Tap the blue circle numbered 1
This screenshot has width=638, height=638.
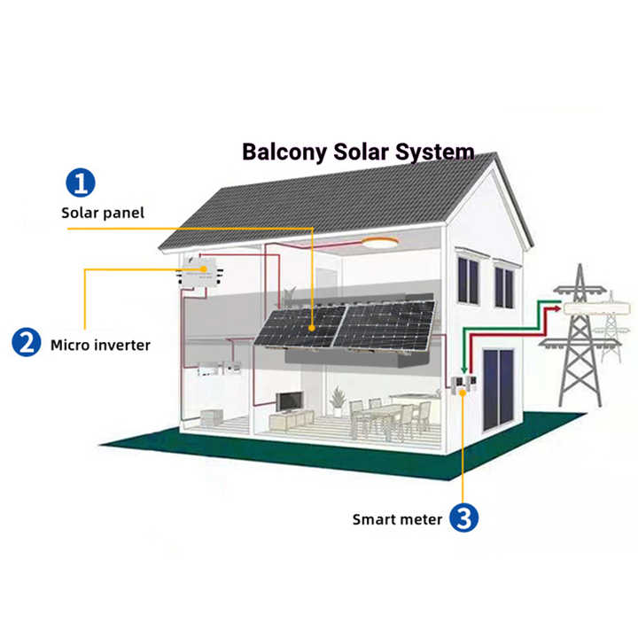[81, 183]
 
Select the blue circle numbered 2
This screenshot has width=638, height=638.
[27, 342]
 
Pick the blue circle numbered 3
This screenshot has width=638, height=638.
[463, 518]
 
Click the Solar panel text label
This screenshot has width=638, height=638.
[102, 213]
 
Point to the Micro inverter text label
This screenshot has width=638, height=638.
[100, 344]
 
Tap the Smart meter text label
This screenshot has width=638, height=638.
[396, 519]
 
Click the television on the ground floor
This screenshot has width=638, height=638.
[289, 401]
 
